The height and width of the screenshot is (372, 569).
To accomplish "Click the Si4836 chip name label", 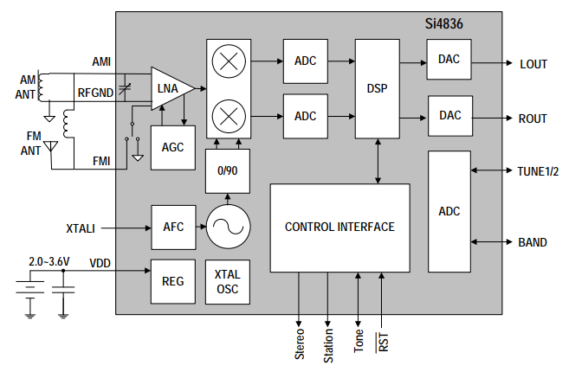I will pos(443,25).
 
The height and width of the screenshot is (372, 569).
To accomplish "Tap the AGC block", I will pos(173,147).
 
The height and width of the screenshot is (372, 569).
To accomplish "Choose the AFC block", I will pos(173,228).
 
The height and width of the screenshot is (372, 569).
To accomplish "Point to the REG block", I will pos(173,282).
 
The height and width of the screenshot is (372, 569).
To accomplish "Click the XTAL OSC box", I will pos(227,282).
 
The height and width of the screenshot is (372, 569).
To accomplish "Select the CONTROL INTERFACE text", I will pos(339,228).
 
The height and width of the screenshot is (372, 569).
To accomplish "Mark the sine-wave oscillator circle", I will pos(228,228).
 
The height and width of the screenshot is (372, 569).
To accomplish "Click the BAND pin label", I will pos(533,242).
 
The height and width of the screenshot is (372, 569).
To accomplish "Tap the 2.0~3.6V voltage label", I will pos(49,260).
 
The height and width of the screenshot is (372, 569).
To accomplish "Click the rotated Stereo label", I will pos(300,343).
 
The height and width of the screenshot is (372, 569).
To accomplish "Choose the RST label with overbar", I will pos(382,341).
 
